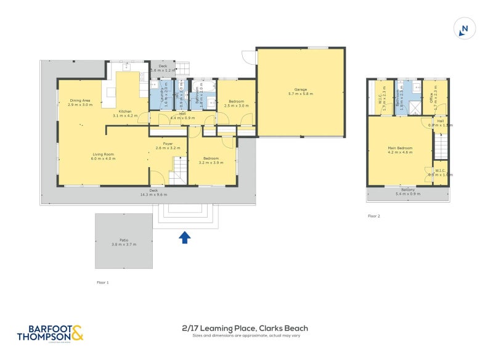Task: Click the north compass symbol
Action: [465, 28]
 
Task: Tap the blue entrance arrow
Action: [184, 237]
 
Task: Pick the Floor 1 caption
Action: [103, 282]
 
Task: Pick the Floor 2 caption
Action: [374, 216]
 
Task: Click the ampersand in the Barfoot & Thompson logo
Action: [77, 333]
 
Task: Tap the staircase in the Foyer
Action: [177, 170]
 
